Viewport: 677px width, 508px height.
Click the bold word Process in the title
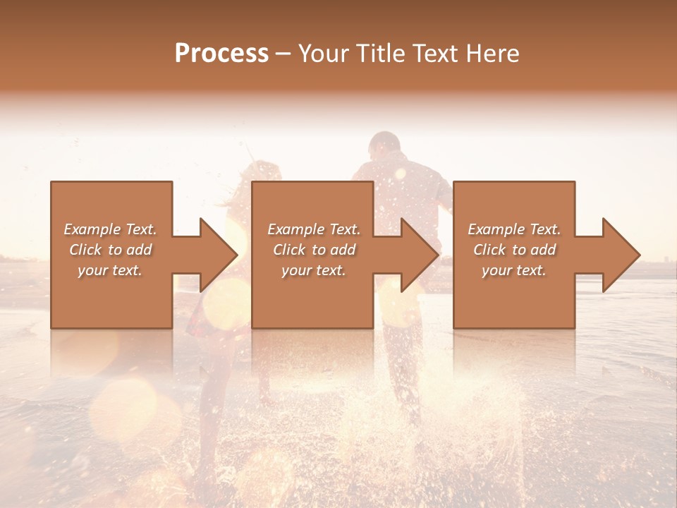coord(221,54)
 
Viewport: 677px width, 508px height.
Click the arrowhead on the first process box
coord(219,255)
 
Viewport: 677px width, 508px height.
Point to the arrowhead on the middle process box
coord(420,255)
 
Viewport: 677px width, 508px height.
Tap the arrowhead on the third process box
coord(621,255)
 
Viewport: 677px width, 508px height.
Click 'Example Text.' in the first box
coord(111,229)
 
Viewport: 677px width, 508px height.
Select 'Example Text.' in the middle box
coord(314,229)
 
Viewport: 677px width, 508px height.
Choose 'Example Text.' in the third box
coord(514,229)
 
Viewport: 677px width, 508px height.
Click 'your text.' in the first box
coord(111,270)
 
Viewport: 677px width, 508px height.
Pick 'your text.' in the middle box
coord(314,270)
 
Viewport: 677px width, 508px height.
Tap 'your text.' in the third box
coord(514,270)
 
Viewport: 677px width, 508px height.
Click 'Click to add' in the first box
coord(111,250)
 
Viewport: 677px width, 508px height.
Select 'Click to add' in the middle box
coord(314,250)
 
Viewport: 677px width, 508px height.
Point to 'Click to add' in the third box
coord(514,250)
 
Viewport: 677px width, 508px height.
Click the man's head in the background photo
coord(385,147)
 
